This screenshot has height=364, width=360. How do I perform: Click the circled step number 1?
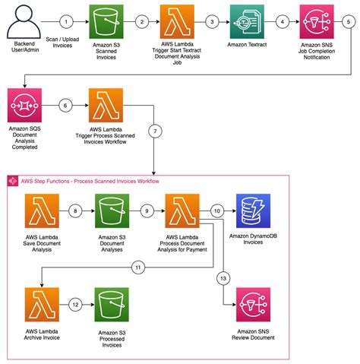(x=67, y=22)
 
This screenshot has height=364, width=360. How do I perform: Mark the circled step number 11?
(x=138, y=267)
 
